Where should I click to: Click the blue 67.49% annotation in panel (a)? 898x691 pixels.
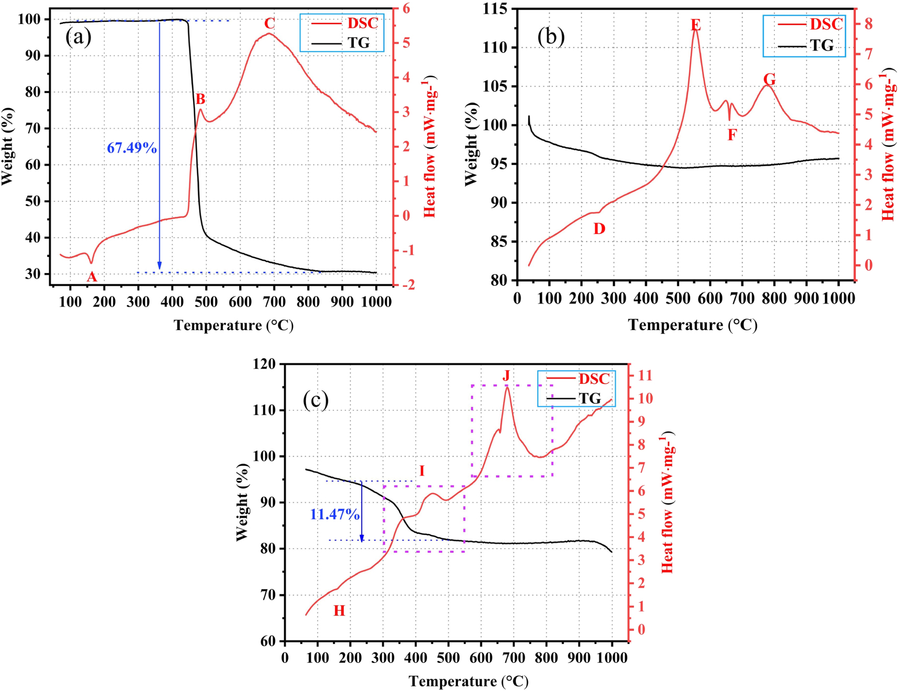point(132,148)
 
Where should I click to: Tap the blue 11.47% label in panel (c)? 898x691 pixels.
point(335,515)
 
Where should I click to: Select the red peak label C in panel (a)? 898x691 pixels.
point(269,24)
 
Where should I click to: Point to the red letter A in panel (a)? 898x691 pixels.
point(92,277)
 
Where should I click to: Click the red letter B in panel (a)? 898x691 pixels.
point(200,99)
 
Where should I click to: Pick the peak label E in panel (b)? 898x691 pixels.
point(695,25)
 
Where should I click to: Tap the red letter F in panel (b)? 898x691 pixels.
point(732,135)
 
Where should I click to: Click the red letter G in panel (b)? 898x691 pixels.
point(769,80)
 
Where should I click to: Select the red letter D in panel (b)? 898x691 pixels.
point(599,229)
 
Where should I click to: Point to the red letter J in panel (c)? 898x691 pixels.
point(506,376)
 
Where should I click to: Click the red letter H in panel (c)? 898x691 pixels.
point(339,611)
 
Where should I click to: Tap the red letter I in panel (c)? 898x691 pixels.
point(422,471)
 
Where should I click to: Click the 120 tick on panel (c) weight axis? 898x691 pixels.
point(264,364)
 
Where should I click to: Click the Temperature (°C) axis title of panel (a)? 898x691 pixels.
point(234,325)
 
